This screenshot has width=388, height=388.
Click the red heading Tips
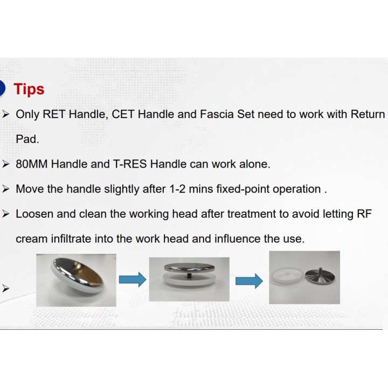click(x=29, y=89)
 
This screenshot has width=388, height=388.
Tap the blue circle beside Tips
click(x=2, y=88)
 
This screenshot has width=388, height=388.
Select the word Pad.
click(x=27, y=139)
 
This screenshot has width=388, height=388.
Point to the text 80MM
click(x=32, y=164)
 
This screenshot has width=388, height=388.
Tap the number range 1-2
click(x=178, y=189)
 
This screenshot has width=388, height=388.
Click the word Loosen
click(x=34, y=214)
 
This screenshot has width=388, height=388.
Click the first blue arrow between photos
click(x=133, y=280)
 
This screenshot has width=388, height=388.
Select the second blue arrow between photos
click(x=249, y=281)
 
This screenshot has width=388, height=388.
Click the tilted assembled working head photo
click(x=76, y=280)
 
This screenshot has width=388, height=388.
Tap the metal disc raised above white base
click(x=189, y=267)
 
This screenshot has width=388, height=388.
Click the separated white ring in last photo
click(x=287, y=278)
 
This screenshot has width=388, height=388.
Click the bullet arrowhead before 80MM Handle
click(x=6, y=164)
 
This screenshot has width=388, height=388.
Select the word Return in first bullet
click(x=368, y=114)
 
